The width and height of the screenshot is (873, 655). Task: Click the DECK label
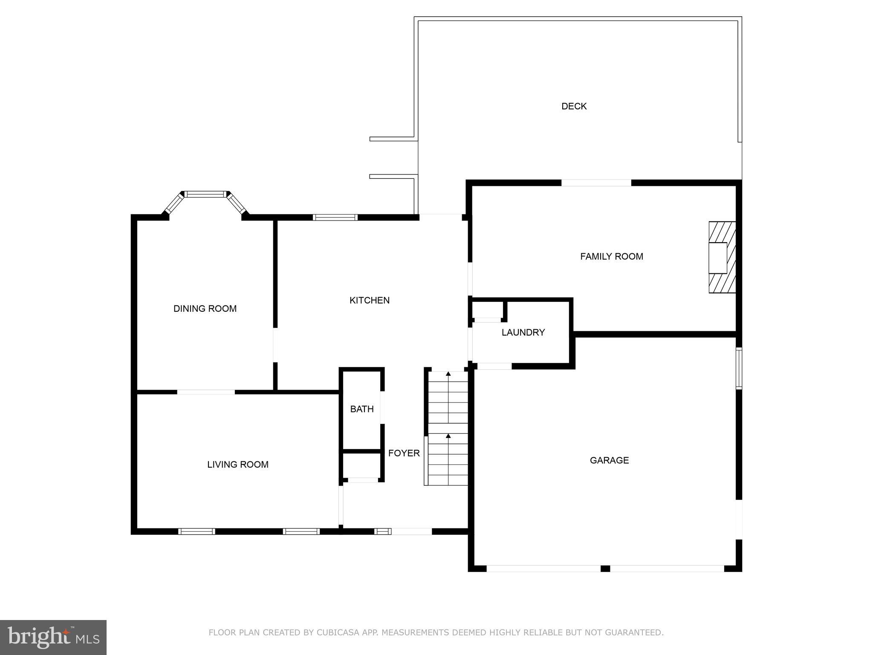[574, 106]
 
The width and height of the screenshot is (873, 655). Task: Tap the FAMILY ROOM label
[611, 256]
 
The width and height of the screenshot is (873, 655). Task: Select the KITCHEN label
[369, 300]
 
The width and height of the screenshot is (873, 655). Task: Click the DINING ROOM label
[205, 308]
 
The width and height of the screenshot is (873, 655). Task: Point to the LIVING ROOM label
[237, 464]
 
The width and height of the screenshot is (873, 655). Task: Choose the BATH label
[361, 409]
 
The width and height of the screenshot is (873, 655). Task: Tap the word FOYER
[404, 453]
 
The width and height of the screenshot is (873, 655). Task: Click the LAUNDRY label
[523, 332]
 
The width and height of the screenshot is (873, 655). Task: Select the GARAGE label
[609, 460]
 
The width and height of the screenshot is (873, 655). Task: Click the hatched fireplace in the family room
[722, 257]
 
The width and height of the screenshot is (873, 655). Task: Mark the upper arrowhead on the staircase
[448, 374]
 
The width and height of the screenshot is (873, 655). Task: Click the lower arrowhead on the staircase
[448, 436]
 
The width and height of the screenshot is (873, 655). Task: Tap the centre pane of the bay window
[205, 194]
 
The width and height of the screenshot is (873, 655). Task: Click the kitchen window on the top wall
[335, 217]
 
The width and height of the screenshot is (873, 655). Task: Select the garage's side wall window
[739, 368]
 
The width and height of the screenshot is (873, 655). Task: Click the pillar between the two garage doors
[605, 568]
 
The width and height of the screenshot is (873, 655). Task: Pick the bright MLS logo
[53, 637]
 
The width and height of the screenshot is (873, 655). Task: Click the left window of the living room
[197, 531]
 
